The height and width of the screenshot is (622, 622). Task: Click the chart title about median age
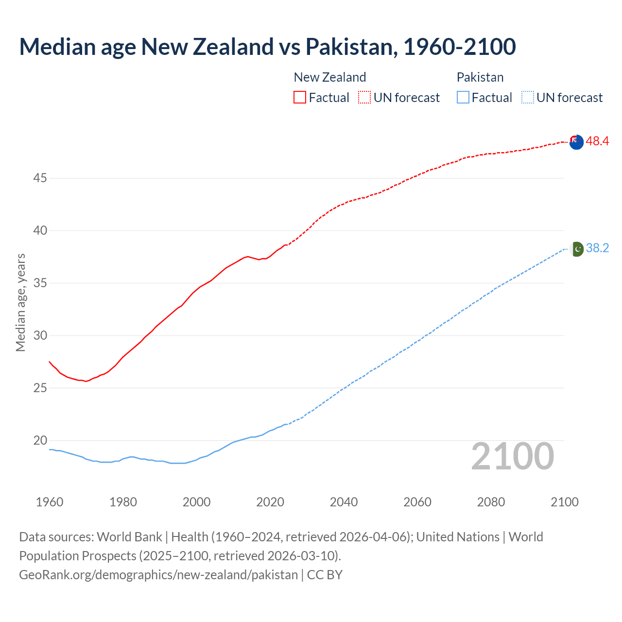click(x=267, y=47)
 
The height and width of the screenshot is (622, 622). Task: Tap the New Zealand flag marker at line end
click(x=576, y=142)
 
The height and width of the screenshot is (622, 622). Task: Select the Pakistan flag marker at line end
click(x=576, y=249)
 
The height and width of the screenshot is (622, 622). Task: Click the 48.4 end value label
click(x=597, y=141)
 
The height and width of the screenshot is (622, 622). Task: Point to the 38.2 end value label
click(x=597, y=248)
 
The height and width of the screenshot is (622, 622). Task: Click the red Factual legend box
click(x=300, y=97)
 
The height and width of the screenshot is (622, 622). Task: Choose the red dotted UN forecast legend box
click(x=364, y=97)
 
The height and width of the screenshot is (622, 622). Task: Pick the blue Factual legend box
click(x=463, y=97)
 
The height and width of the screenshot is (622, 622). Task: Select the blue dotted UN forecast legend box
click(x=527, y=97)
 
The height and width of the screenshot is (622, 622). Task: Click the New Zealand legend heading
click(x=329, y=77)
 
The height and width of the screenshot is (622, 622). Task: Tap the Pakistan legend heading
click(x=480, y=77)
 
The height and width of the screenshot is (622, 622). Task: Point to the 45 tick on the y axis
click(x=40, y=178)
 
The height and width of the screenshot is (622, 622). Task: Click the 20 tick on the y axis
click(x=40, y=441)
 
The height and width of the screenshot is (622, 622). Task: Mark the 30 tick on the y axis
click(x=40, y=336)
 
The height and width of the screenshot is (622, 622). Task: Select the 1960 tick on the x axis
click(x=50, y=502)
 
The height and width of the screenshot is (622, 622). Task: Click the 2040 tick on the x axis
click(x=344, y=502)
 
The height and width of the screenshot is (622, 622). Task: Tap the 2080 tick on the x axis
click(x=491, y=502)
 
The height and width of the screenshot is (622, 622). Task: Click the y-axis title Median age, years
click(x=20, y=302)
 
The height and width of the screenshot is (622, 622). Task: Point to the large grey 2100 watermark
click(x=512, y=456)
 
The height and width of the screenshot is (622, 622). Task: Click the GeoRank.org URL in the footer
click(x=158, y=574)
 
